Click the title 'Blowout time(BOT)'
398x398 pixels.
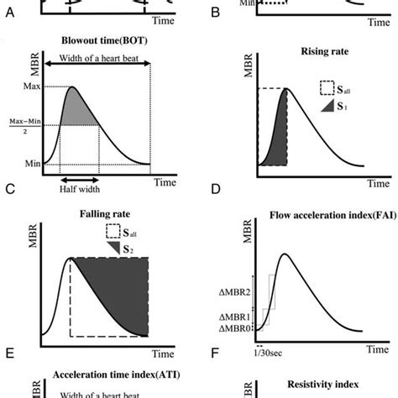pyautogui.click(x=100, y=39)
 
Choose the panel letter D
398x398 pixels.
pyautogui.click(x=216, y=191)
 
